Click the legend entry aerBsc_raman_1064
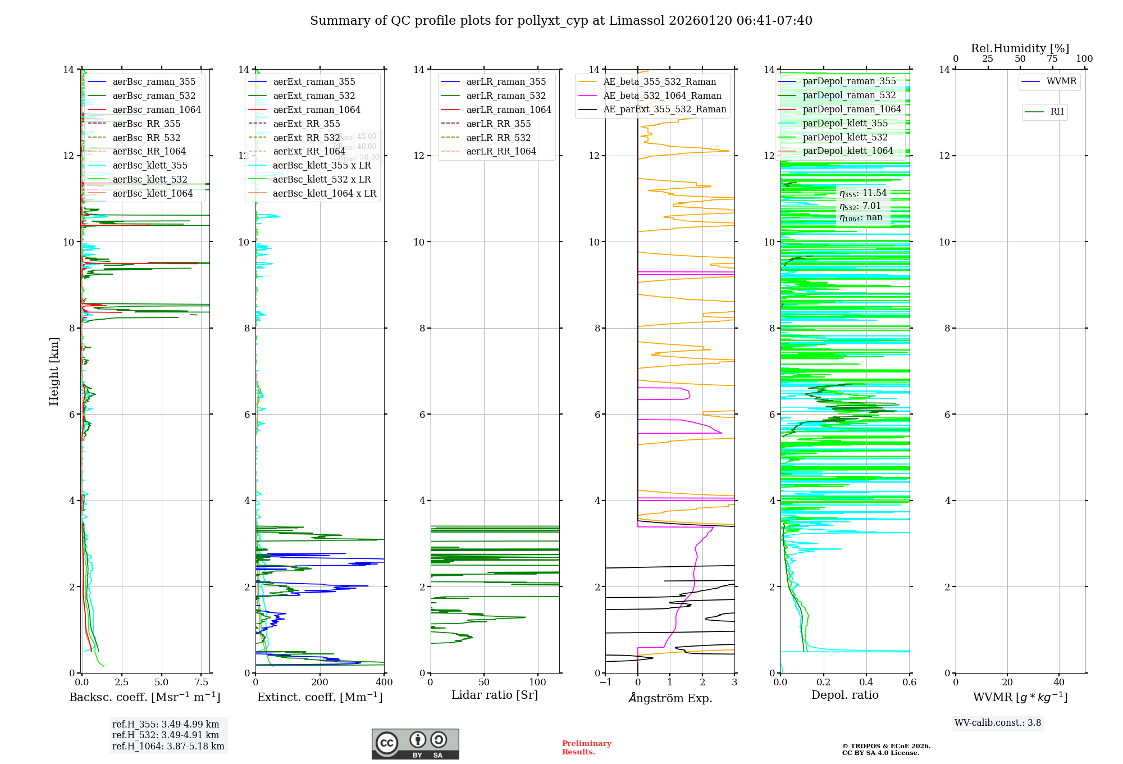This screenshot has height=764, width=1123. [x=156, y=110]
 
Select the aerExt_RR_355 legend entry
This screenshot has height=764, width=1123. [x=306, y=124]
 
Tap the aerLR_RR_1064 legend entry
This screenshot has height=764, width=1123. [x=501, y=151]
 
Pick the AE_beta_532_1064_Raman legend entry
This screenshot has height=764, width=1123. [x=662, y=95]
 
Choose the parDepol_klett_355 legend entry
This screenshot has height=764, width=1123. [x=845, y=123]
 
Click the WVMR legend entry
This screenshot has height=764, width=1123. [x=1061, y=81]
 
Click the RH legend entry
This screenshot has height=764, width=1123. [x=1057, y=112]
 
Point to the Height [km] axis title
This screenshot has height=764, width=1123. [x=54, y=371]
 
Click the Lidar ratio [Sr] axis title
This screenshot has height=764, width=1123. [x=494, y=695]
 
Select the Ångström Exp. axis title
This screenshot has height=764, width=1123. [x=670, y=698]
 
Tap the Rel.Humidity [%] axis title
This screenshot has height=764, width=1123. [x=1020, y=48]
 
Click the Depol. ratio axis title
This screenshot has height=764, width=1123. [x=844, y=695]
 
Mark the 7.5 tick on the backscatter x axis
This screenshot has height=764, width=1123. [x=202, y=682]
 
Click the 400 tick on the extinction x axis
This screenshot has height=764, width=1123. [x=384, y=682]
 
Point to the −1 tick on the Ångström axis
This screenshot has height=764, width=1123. [x=605, y=682]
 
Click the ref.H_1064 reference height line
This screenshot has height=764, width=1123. [x=168, y=746]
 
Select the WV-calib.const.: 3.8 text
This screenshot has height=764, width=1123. [x=998, y=722]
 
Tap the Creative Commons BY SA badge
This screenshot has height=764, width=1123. [x=415, y=744]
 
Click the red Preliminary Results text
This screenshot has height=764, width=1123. [x=586, y=747]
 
